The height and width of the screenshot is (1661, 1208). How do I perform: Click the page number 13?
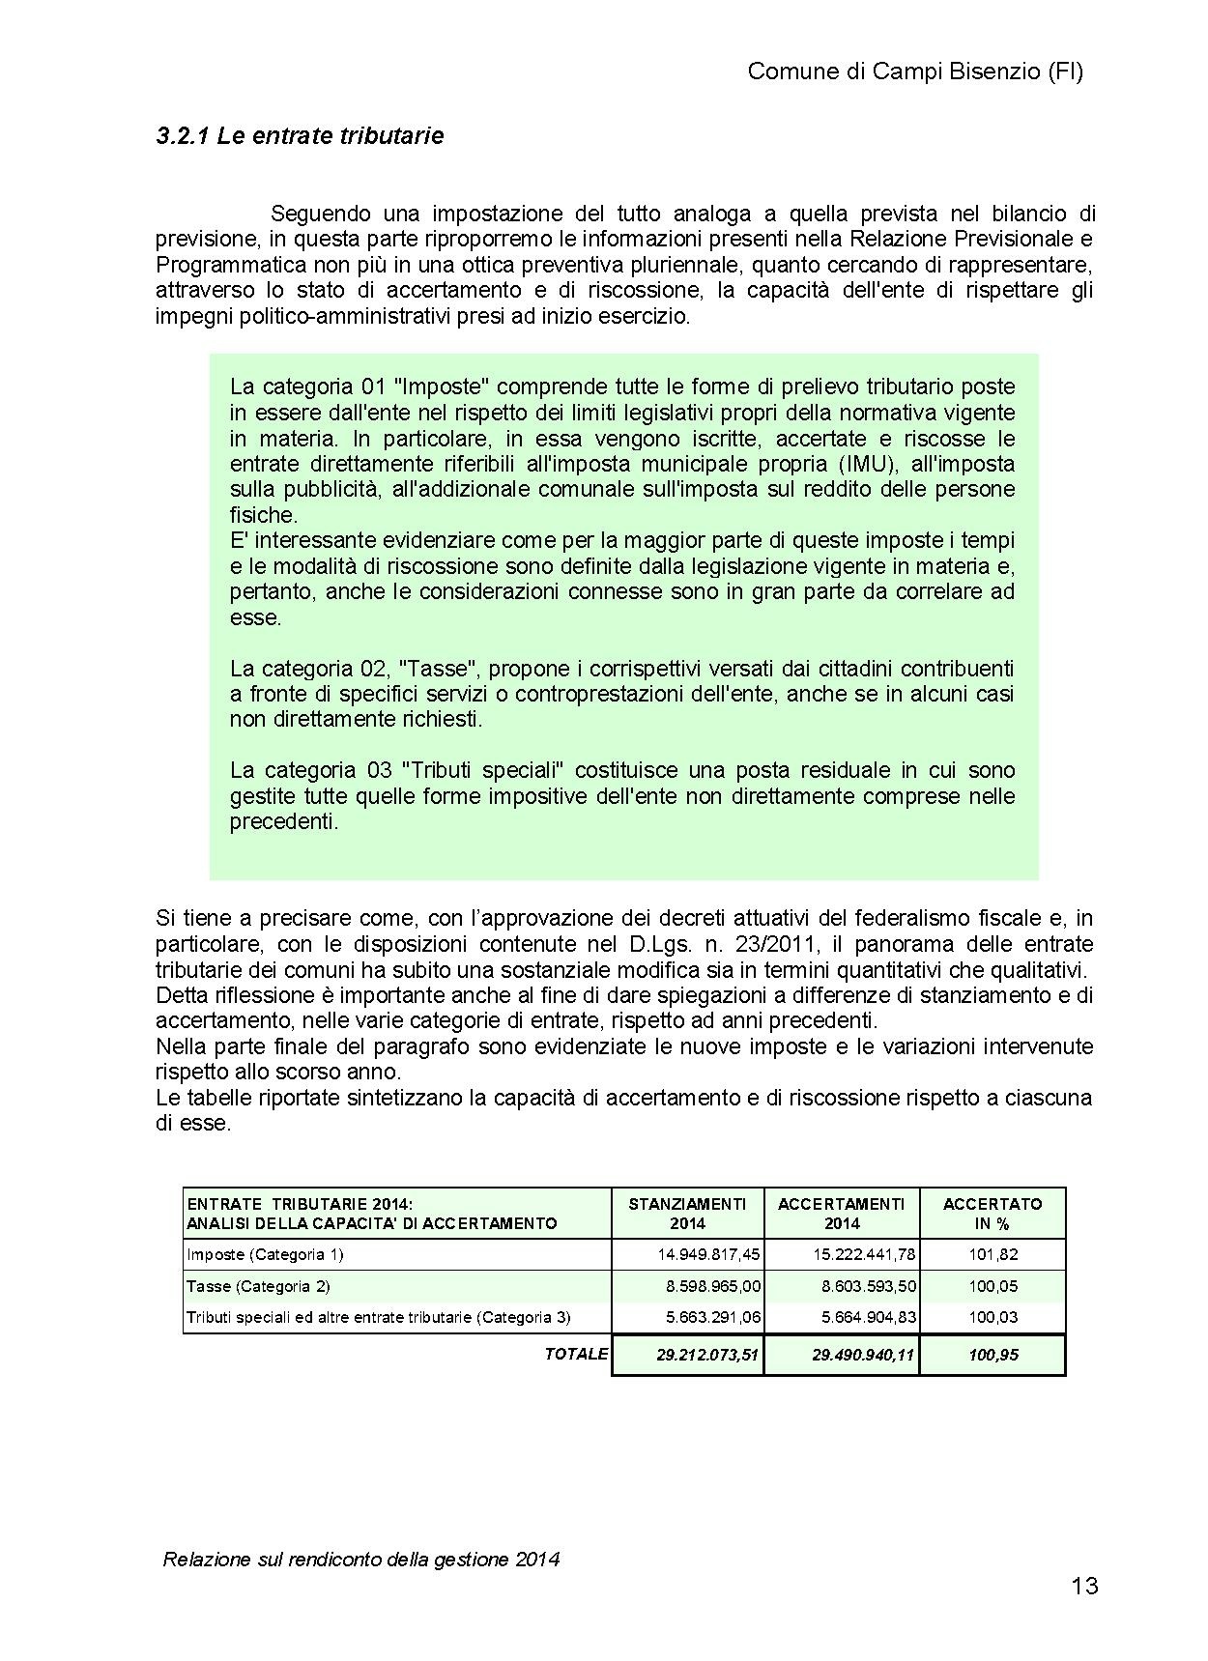coord(1084,1586)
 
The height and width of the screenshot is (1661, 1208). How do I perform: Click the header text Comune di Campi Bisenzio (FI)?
coord(915,72)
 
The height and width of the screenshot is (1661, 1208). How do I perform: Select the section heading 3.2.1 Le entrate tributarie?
coord(300,136)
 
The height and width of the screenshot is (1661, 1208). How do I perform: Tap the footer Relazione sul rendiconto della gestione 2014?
coord(361,1559)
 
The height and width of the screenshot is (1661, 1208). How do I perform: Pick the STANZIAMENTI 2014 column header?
coord(687,1213)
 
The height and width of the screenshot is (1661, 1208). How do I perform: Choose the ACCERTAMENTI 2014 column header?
coord(842,1213)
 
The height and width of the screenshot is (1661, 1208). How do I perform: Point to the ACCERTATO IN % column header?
coord(992,1213)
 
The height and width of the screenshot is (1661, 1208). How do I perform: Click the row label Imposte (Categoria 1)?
coord(265,1254)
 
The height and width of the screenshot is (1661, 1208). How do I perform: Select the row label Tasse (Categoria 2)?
coord(258,1286)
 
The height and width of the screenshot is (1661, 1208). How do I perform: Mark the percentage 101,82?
coord(994,1254)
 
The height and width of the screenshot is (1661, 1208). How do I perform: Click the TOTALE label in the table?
coord(576,1354)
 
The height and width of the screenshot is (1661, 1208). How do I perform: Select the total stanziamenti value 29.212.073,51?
coord(708,1355)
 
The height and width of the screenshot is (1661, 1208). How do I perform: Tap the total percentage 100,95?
coord(993,1355)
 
